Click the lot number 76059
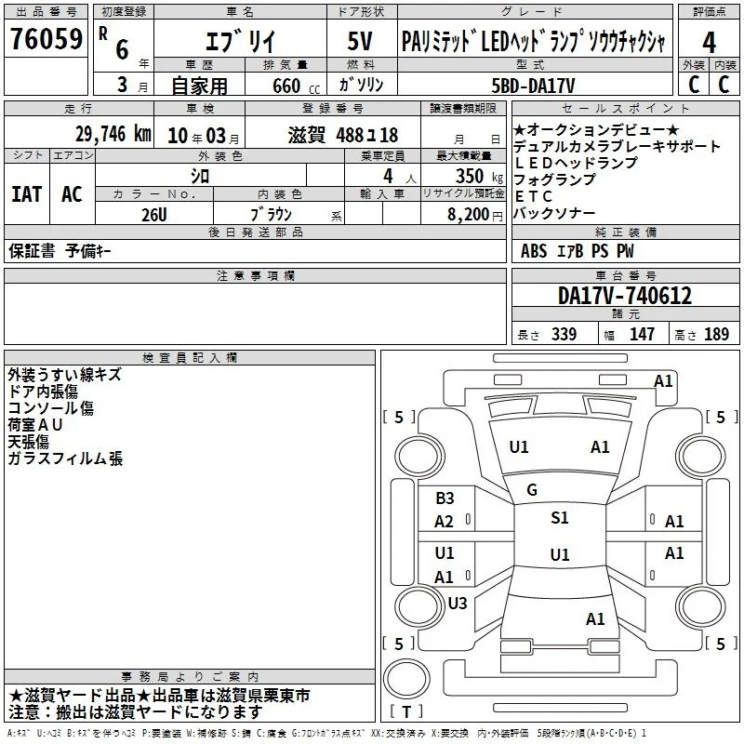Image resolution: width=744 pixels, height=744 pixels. [x=46, y=38]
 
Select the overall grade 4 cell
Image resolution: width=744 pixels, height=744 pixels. [x=709, y=43]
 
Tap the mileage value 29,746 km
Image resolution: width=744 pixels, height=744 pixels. [x=113, y=134]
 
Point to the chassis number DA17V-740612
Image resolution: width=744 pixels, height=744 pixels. [x=625, y=296]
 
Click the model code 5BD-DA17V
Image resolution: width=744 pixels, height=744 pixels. [x=533, y=86]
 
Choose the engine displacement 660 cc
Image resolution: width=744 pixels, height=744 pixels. [x=296, y=86]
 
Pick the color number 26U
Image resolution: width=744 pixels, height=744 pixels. [x=153, y=215]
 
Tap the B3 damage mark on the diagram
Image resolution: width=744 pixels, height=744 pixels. [x=445, y=498]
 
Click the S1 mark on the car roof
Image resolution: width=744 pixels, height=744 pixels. [x=560, y=517]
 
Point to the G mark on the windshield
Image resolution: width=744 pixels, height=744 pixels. [x=532, y=490]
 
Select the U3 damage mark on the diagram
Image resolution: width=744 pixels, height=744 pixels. [x=458, y=603]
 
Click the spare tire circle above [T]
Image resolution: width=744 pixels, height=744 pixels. [x=406, y=679]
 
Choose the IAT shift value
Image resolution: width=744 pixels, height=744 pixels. [x=27, y=194]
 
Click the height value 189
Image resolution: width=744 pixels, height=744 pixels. [x=716, y=334]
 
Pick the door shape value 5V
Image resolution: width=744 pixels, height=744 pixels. [x=360, y=41]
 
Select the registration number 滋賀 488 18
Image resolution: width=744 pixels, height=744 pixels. [x=343, y=135]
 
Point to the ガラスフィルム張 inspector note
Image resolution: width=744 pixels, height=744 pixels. [x=65, y=458]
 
